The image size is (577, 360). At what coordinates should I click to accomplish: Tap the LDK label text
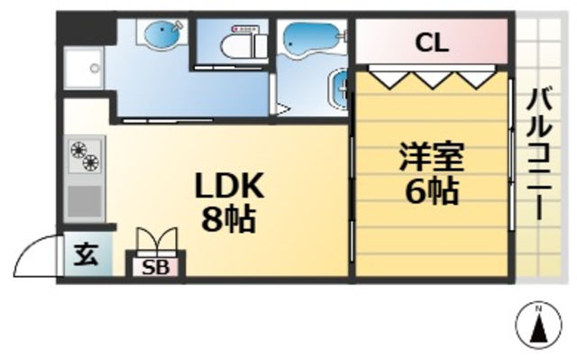230,187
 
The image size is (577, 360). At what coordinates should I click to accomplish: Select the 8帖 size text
229,219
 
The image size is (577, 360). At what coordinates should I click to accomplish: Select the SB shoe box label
159,268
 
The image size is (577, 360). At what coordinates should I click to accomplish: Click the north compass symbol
537,325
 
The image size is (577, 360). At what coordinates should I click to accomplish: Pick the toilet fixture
238,39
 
